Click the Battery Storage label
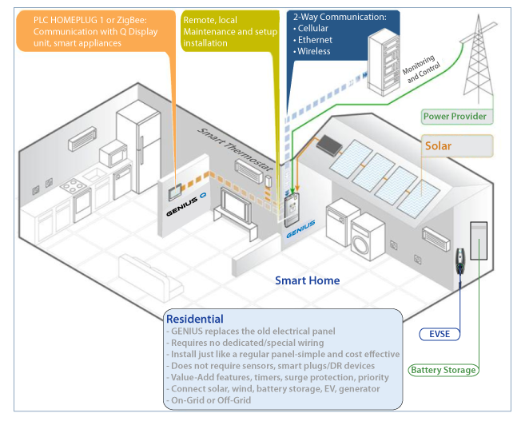[443, 371]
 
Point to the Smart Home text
[307, 280]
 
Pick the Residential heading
[195, 318]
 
